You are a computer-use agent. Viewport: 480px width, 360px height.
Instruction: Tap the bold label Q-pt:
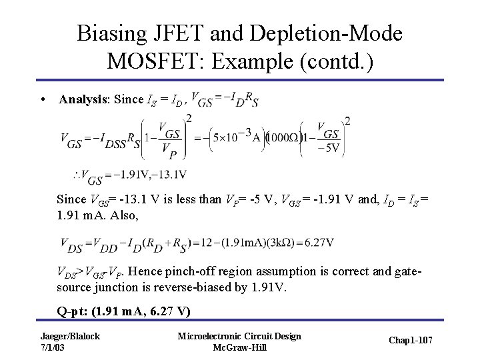pos(73,311)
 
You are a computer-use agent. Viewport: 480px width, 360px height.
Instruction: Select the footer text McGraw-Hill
pos(238,347)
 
